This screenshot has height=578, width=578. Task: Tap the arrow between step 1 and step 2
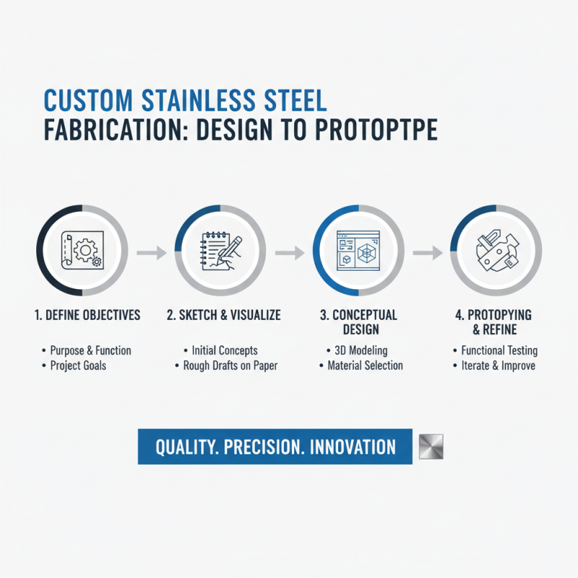(150, 253)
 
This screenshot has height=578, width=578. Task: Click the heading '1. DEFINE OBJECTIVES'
(87, 315)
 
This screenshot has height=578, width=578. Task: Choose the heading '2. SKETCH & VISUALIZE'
(223, 315)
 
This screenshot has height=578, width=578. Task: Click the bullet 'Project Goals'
(77, 366)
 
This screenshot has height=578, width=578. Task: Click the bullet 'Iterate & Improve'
(498, 366)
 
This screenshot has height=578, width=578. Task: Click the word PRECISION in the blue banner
(262, 447)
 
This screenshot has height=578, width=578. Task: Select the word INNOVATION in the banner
(353, 447)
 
